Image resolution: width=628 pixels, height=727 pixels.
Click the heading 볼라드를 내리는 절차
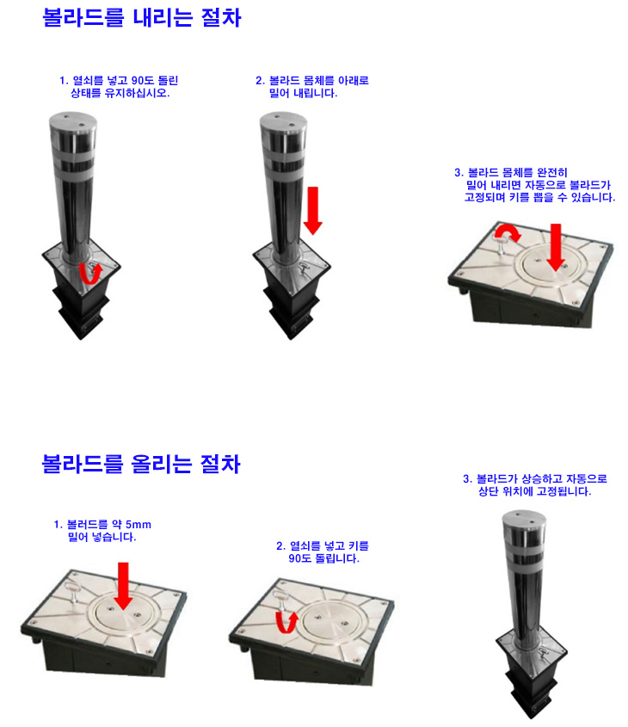coord(142,17)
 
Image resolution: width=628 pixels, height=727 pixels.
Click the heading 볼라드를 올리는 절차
coord(141,464)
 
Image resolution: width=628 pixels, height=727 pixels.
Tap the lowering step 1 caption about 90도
coord(119,87)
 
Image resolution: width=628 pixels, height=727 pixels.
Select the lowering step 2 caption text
coord(312,87)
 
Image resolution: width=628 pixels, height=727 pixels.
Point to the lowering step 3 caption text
coord(535,185)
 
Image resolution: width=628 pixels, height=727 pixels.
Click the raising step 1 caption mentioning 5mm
coord(102,531)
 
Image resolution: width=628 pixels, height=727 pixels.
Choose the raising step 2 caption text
coord(323,551)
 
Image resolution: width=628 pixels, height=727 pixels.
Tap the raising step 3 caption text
coord(535,485)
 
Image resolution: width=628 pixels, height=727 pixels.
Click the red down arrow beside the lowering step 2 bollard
coord(313,211)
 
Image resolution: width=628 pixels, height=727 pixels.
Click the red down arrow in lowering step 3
coord(556,247)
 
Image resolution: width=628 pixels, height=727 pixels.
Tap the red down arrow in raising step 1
coord(123,586)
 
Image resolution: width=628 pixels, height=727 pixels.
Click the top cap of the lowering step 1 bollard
coord(73,120)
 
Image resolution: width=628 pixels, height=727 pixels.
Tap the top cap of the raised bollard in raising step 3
coord(524,518)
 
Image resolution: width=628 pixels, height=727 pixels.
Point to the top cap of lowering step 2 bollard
coord(283,120)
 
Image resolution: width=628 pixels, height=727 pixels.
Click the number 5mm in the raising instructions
coord(139,525)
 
